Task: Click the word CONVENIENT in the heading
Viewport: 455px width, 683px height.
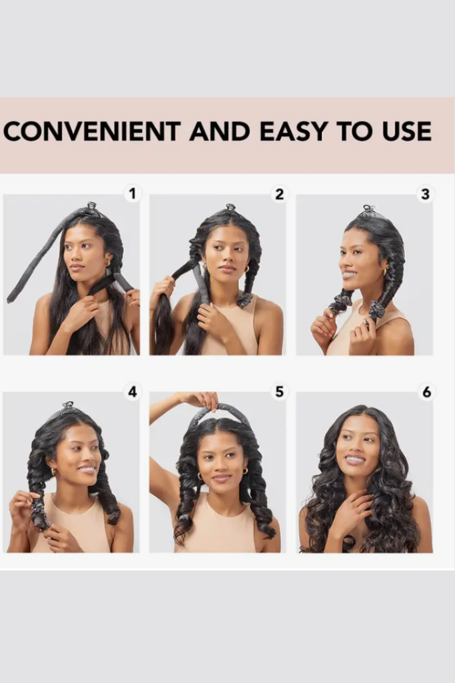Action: pyautogui.click(x=91, y=131)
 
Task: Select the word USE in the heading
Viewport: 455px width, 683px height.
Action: pyautogui.click(x=407, y=131)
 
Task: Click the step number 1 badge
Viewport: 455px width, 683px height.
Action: pyautogui.click(x=133, y=193)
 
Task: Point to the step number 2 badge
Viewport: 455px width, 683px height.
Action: pyautogui.click(x=279, y=194)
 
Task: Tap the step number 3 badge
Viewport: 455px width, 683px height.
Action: pyautogui.click(x=426, y=194)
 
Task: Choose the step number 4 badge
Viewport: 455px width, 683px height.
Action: pyautogui.click(x=133, y=392)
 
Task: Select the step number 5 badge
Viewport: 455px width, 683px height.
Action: pyautogui.click(x=279, y=392)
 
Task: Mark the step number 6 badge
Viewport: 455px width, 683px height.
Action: pyautogui.click(x=426, y=392)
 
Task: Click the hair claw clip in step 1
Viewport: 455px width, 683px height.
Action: pyautogui.click(x=91, y=207)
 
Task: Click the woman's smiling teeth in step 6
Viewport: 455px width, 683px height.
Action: pyautogui.click(x=355, y=459)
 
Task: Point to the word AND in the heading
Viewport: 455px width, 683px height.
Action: pyautogui.click(x=220, y=131)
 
